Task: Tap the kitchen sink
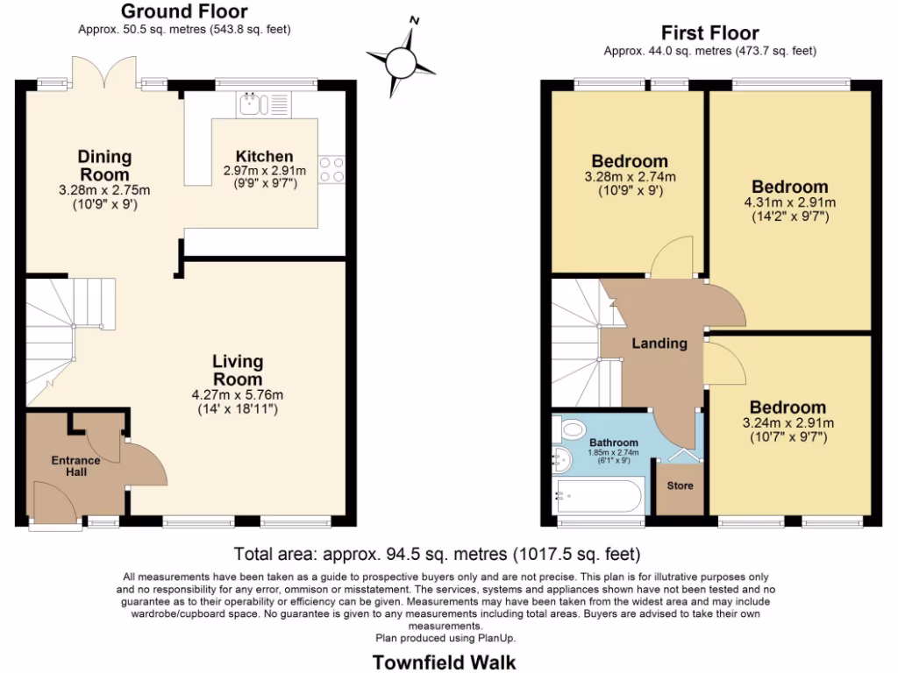tap(255, 104)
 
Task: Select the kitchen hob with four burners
tap(332, 168)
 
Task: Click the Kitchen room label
tap(264, 156)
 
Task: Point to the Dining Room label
tap(104, 166)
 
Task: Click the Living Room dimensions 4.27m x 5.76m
tap(238, 394)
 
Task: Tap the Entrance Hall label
tap(75, 466)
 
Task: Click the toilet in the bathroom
tap(574, 429)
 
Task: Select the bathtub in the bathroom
tap(592, 499)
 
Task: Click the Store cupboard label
tap(681, 485)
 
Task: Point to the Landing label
tap(659, 344)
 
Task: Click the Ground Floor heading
tap(183, 11)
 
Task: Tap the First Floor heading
tap(710, 33)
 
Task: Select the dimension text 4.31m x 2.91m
tap(789, 202)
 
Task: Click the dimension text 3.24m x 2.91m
tap(788, 423)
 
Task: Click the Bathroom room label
tap(613, 443)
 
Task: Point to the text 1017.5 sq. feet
tap(580, 554)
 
